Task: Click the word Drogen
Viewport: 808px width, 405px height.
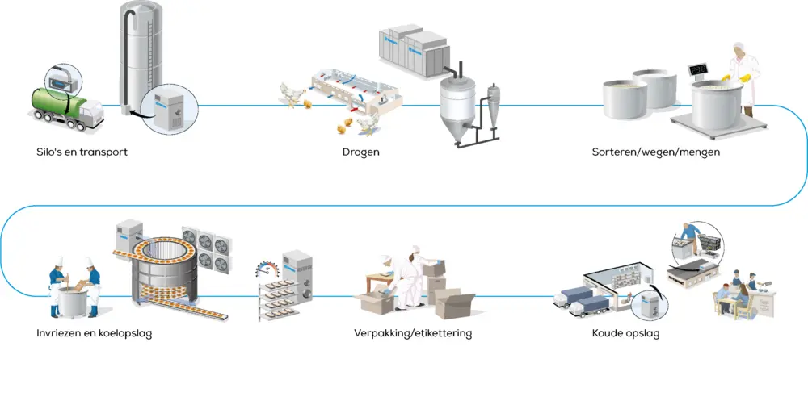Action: coord(360,152)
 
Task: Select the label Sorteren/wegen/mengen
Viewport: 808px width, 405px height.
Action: coord(656,152)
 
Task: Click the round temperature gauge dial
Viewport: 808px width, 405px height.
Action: coord(266,269)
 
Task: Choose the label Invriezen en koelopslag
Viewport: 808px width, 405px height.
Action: coord(95,333)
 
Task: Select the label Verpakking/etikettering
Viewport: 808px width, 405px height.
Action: coord(413,333)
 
